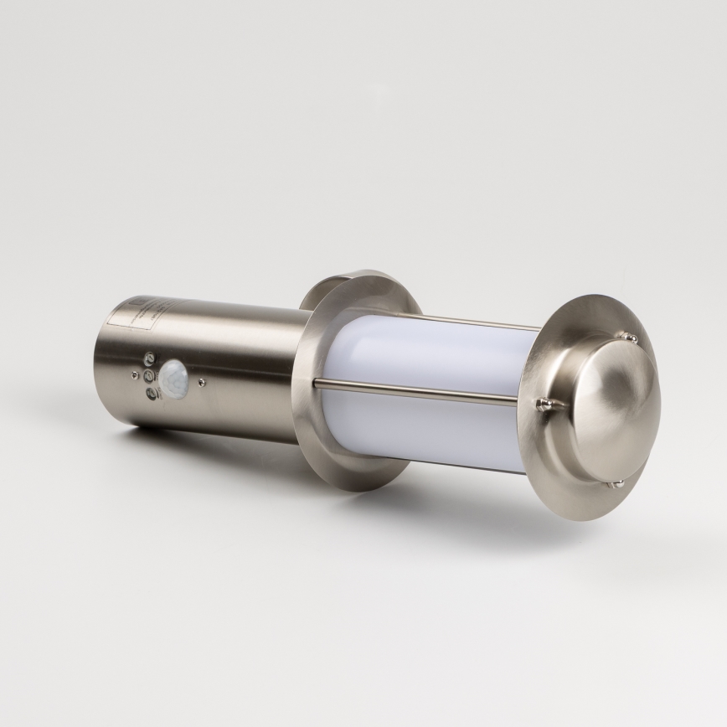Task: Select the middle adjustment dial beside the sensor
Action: point(147,376)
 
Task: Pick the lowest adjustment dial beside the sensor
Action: point(150,394)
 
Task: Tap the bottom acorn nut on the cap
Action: point(619,483)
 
